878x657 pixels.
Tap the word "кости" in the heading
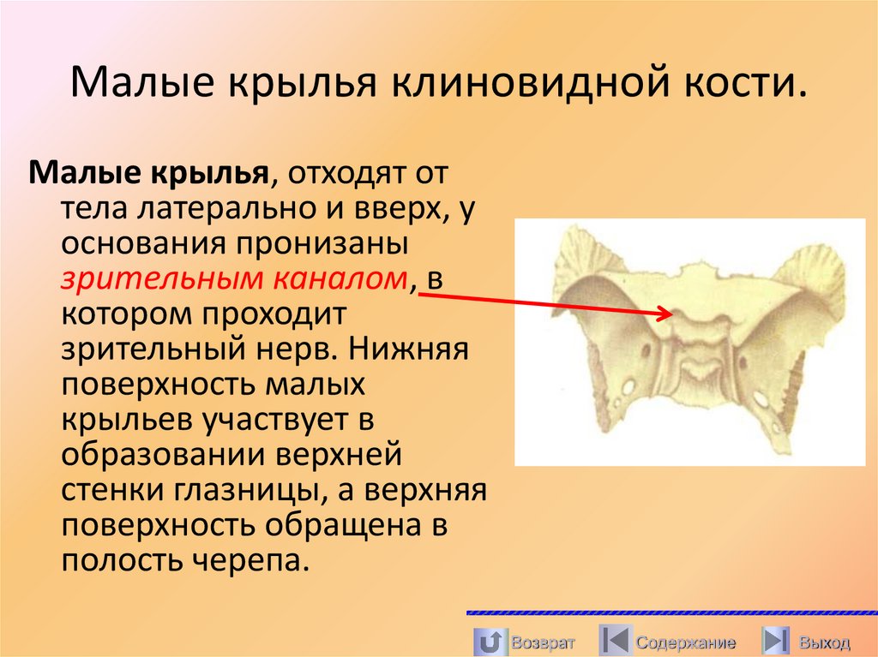click(x=746, y=87)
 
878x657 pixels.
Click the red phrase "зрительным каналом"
click(x=232, y=278)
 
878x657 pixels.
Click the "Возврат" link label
click(x=543, y=642)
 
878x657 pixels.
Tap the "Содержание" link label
click(x=685, y=642)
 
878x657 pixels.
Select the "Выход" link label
click(x=824, y=642)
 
